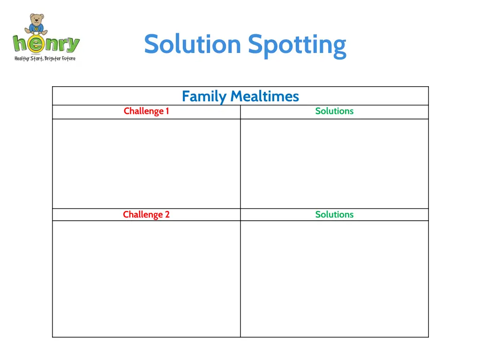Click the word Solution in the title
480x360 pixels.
192,44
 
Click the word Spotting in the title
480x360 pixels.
297,45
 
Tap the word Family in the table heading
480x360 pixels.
204,97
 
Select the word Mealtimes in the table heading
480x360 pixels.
264,97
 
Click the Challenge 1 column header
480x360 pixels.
146,111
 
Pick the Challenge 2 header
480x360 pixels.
146,215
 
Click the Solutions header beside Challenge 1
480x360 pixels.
334,111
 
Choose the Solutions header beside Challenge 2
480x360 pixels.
334,215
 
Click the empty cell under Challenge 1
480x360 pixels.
146,164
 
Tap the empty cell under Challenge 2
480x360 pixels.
146,278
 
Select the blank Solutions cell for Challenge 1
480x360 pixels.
334,164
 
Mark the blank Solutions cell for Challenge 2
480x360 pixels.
334,278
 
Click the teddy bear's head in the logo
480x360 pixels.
36,19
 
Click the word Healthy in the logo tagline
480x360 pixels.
22,59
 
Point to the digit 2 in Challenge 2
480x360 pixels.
167,215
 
